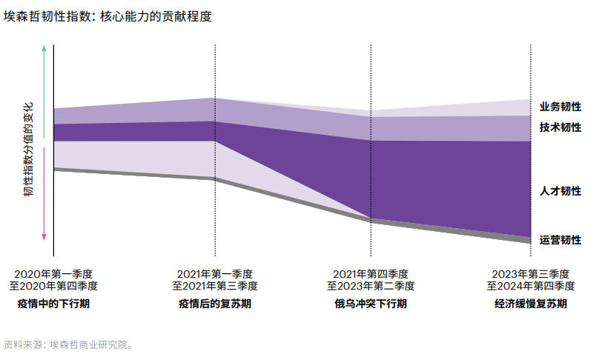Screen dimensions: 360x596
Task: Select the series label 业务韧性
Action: (560, 107)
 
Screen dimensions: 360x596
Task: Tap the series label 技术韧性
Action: (560, 127)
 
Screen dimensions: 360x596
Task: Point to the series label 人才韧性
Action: (560, 190)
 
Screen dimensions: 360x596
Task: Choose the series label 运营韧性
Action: (560, 239)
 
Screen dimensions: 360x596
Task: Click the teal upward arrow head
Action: (44, 48)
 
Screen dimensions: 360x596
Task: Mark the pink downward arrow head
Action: (44, 236)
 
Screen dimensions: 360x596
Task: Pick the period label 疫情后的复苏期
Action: (215, 304)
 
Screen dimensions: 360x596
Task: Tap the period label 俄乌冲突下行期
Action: (371, 304)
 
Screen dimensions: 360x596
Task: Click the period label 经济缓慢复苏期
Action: (531, 304)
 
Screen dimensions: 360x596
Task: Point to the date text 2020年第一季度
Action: (53, 273)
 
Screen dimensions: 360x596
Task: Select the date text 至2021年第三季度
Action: (215, 285)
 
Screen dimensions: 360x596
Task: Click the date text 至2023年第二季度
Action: (371, 285)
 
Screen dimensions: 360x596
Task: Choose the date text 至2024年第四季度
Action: (531, 285)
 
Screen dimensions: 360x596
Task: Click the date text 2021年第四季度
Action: (371, 273)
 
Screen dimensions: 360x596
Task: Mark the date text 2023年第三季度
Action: (531, 273)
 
